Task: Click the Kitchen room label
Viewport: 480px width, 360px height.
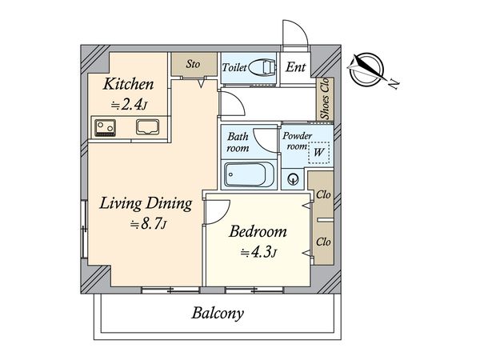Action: (x=128, y=84)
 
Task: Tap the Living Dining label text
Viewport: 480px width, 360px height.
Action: (x=146, y=203)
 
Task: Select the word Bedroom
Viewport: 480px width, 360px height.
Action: (x=258, y=231)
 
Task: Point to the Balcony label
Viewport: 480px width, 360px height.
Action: (x=218, y=314)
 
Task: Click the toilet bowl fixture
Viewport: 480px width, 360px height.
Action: (x=262, y=67)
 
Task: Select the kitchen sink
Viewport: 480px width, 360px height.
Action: (x=147, y=127)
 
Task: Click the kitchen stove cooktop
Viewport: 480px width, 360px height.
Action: (x=106, y=128)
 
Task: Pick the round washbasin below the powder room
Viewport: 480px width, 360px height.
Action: (x=294, y=178)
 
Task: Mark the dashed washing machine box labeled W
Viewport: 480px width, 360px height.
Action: (x=318, y=153)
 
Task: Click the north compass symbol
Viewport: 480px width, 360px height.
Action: (x=367, y=70)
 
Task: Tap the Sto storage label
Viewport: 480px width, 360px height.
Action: (x=193, y=64)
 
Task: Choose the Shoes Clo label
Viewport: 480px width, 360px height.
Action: (x=325, y=98)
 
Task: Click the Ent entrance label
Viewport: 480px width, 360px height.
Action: (x=295, y=67)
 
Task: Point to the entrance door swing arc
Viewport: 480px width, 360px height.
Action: (x=294, y=33)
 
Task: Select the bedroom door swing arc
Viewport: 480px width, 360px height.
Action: (x=218, y=212)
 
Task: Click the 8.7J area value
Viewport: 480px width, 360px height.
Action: (x=149, y=224)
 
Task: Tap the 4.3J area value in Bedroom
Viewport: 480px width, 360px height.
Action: (x=259, y=253)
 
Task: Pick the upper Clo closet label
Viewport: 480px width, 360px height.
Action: (x=323, y=194)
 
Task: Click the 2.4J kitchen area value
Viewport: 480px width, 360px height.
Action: (x=129, y=105)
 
